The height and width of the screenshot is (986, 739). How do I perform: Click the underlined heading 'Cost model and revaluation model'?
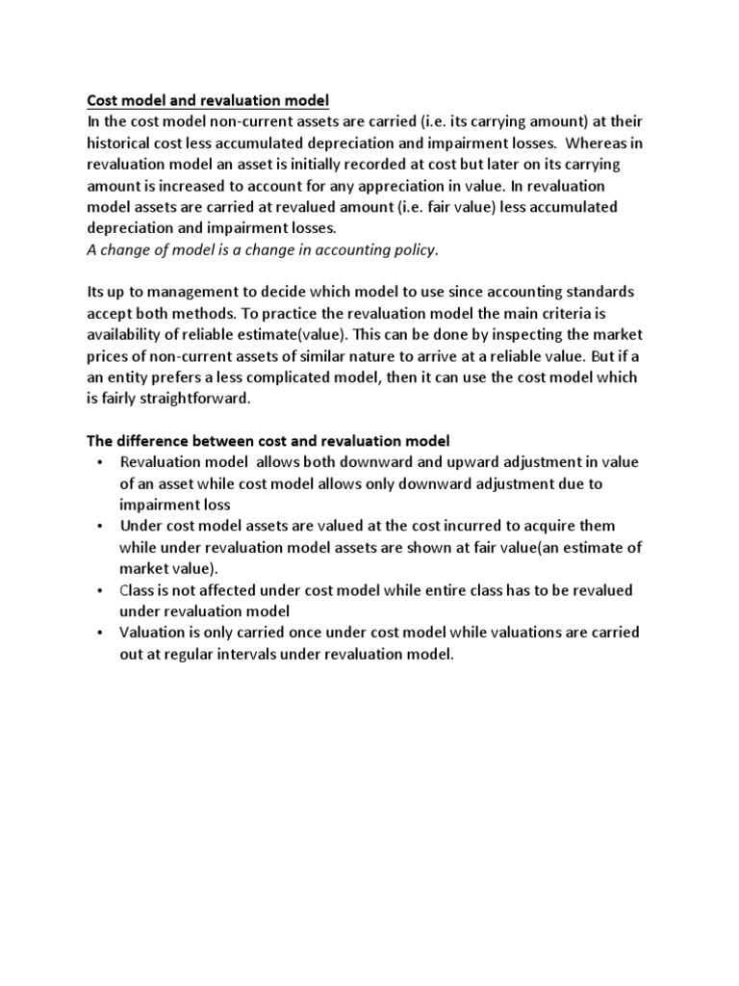pyautogui.click(x=208, y=100)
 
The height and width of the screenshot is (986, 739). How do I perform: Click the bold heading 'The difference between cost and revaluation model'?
pyautogui.click(x=268, y=441)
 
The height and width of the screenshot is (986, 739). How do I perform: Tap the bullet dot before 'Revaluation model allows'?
pyautogui.click(x=100, y=462)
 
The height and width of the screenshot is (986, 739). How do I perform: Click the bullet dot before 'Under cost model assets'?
pyautogui.click(x=100, y=526)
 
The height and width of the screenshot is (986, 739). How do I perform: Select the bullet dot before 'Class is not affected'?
pyautogui.click(x=100, y=589)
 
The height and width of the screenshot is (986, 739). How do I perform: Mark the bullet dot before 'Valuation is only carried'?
pyautogui.click(x=100, y=633)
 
